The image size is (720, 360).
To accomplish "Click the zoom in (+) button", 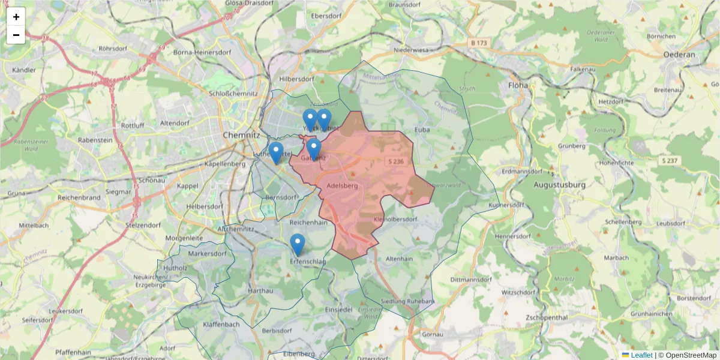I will [x=16, y=17].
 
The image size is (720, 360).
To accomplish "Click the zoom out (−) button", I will [x=16, y=35].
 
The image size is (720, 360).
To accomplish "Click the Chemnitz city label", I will [x=240, y=136].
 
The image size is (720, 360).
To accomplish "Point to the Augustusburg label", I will [x=559, y=185].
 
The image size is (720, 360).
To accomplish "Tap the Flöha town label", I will [x=518, y=85].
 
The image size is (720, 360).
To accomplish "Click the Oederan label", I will [x=679, y=55].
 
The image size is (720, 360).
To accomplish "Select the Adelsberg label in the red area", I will [x=343, y=186].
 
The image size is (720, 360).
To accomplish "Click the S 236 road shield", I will [x=396, y=162].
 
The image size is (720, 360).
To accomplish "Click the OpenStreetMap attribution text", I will [x=691, y=355].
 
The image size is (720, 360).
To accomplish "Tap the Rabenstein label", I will [x=95, y=140].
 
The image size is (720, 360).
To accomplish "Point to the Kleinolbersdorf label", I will [x=395, y=220].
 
